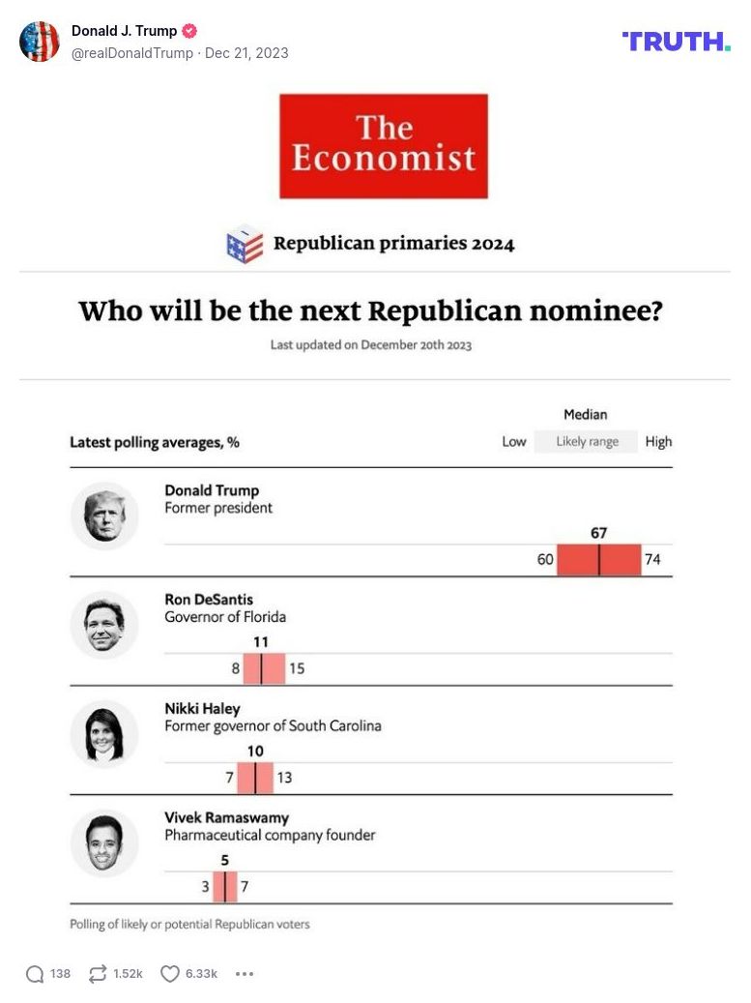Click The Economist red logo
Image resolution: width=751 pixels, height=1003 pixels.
tap(384, 146)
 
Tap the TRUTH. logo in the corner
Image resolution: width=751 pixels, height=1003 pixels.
tap(676, 41)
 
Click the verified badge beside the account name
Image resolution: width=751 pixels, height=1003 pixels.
tap(189, 31)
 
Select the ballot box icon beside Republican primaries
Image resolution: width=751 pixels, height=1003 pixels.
tap(245, 244)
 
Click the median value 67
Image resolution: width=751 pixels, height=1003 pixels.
tap(598, 533)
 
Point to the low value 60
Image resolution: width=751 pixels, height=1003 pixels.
tap(545, 559)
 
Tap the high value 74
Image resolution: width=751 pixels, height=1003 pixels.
tap(652, 559)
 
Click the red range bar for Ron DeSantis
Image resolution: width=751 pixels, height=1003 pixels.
tap(264, 668)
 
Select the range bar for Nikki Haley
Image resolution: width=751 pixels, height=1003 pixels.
tap(255, 778)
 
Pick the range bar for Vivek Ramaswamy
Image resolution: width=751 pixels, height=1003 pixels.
tap(224, 886)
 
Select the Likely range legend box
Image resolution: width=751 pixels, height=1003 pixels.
tap(587, 442)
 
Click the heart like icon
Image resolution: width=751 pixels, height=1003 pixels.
tap(170, 974)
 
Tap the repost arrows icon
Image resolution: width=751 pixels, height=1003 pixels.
tap(97, 974)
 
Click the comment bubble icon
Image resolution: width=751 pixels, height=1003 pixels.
tap(35, 974)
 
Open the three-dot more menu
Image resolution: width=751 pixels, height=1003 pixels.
tap(245, 974)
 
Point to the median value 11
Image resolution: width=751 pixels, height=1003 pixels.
tap(261, 642)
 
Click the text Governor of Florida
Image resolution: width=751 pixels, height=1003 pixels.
tap(225, 617)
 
